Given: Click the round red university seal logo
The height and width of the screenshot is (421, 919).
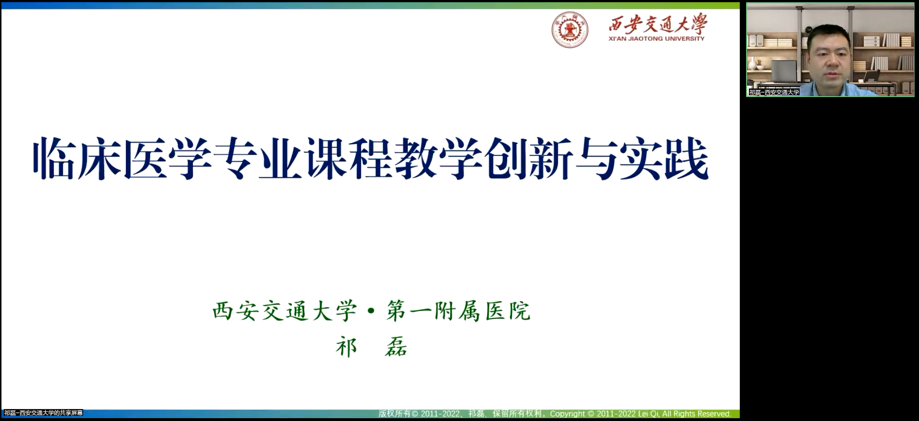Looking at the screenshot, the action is click(x=570, y=30).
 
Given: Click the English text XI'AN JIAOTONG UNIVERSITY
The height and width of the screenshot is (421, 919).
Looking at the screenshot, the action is click(x=656, y=39).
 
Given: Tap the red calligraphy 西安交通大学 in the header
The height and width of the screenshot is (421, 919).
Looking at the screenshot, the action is click(x=658, y=23).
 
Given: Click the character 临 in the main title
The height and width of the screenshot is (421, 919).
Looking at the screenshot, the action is click(x=54, y=158).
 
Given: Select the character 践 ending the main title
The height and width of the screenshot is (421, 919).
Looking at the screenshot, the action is click(x=687, y=158).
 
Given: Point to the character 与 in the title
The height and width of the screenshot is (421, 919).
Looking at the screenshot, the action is click(x=597, y=158).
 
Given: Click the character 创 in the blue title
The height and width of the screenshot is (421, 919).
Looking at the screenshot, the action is click(x=506, y=158).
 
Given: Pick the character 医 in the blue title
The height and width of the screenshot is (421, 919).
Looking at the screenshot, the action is click(x=144, y=158).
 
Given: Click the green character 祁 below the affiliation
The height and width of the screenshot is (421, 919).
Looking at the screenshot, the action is click(x=346, y=347).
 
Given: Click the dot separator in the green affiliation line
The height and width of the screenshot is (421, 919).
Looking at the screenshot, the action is click(x=371, y=311).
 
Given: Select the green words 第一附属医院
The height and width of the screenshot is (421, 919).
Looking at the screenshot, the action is click(x=458, y=310).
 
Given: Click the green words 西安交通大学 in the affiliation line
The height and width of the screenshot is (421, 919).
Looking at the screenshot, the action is click(x=284, y=310).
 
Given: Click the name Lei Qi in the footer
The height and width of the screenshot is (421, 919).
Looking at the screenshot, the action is click(x=648, y=413).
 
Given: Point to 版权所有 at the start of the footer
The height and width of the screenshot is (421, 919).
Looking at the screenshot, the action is click(x=394, y=413).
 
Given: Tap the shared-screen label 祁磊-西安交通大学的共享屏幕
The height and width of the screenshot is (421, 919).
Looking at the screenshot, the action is click(x=44, y=413).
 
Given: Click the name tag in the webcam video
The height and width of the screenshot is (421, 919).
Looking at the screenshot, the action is click(x=774, y=92).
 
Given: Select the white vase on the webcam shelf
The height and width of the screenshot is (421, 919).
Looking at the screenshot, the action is click(x=752, y=64).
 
